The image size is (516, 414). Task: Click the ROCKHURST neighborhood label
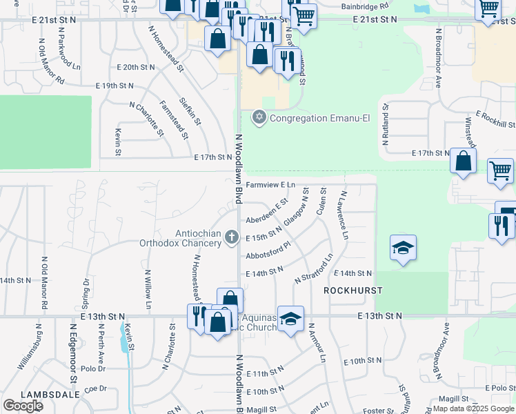pos(353,290)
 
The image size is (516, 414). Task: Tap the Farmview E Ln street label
pos(270,185)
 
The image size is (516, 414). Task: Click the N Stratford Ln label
pos(314,268)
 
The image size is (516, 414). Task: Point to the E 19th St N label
pos(115,86)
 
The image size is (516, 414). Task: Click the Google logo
pos(23,405)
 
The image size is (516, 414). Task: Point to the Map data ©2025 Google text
pos(473,408)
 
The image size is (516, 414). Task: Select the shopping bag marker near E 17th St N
pos(463,162)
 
